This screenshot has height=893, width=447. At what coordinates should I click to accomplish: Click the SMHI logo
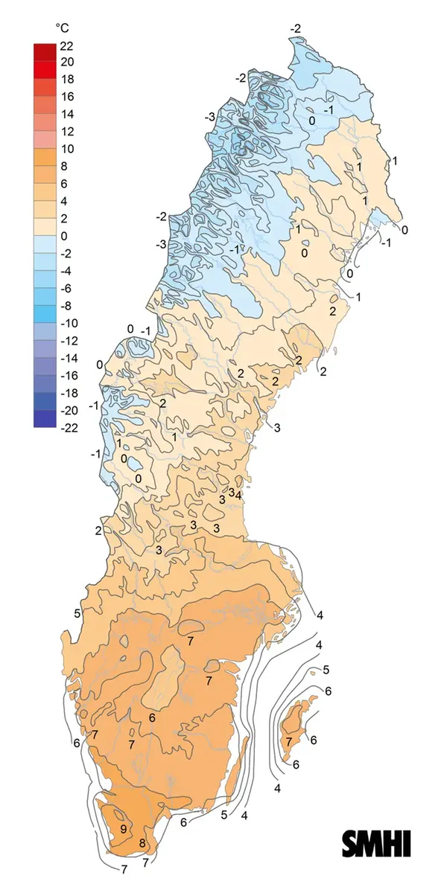pyautogui.click(x=376, y=843)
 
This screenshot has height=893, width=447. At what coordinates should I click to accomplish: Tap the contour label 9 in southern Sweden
pyautogui.click(x=123, y=829)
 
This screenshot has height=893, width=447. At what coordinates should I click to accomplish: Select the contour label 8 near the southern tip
pyautogui.click(x=142, y=843)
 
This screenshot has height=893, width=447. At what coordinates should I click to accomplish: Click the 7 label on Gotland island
pyautogui.click(x=288, y=742)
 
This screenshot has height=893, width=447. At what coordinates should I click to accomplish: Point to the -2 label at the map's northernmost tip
pyautogui.click(x=296, y=29)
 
